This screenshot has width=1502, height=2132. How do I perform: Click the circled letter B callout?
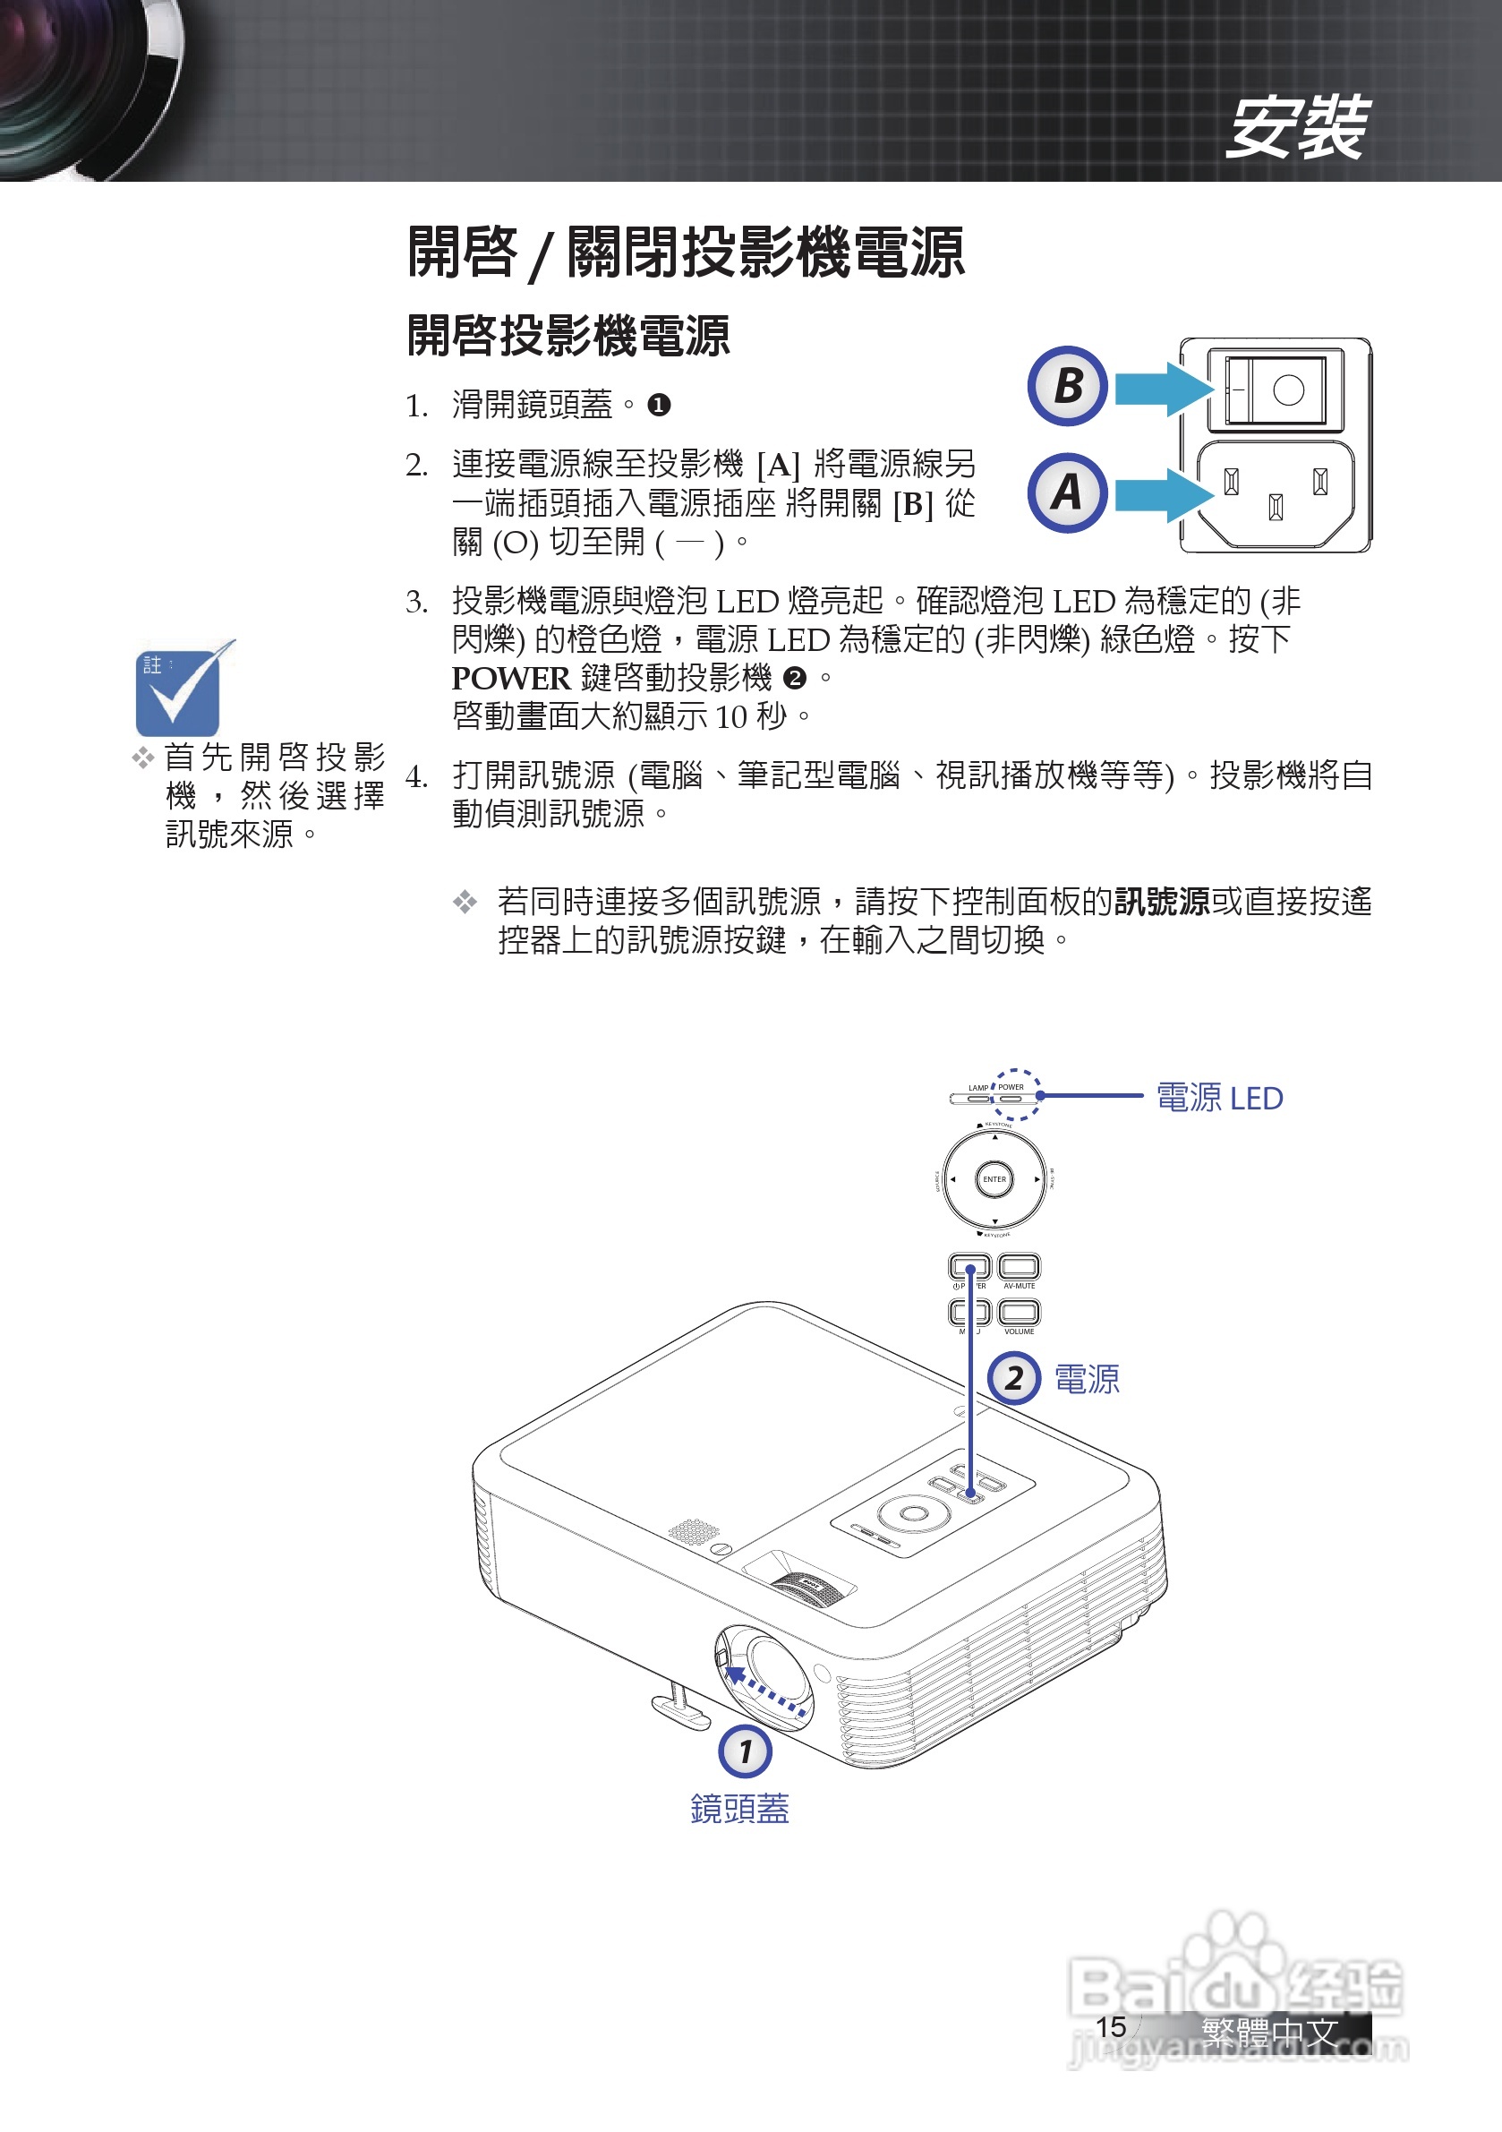click(1068, 386)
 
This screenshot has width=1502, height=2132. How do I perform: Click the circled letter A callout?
click(1068, 492)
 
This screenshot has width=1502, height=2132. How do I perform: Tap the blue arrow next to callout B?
click(1162, 388)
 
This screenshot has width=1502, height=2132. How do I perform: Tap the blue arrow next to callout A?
click(1162, 494)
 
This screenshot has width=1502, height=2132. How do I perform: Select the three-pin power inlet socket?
click(1276, 493)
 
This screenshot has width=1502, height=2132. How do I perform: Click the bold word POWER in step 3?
click(510, 679)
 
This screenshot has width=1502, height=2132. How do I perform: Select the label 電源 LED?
click(1219, 1099)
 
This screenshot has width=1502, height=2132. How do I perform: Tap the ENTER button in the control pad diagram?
click(994, 1179)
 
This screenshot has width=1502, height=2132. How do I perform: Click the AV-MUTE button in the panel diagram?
click(1020, 1266)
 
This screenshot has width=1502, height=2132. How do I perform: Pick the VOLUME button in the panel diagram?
click(1020, 1312)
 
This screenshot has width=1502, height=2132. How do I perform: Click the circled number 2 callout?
click(1013, 1379)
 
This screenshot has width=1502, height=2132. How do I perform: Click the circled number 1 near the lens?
click(746, 1752)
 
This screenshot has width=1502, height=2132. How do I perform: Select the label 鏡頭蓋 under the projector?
click(740, 1810)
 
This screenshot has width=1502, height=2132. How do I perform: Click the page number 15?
click(1111, 2027)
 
